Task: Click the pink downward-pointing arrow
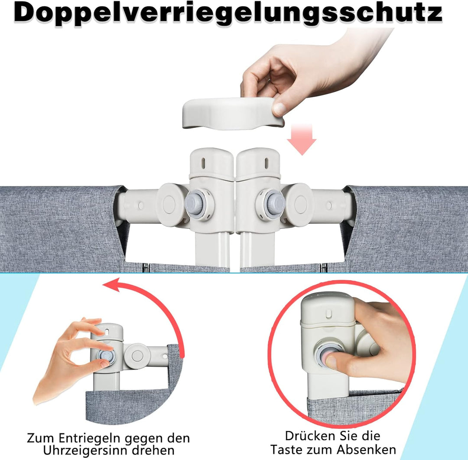[302, 140]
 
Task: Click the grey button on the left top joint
[195, 204]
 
